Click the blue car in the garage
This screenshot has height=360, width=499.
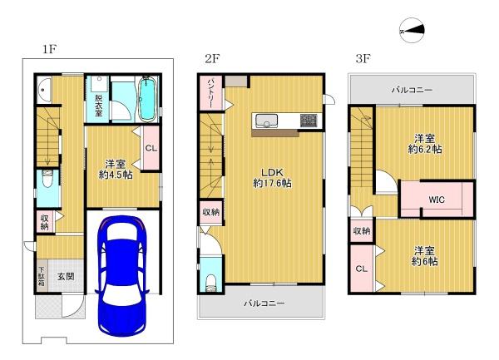tap(122, 275)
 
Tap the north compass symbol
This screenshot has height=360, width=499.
tap(413, 31)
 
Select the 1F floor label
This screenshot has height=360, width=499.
tap(50, 49)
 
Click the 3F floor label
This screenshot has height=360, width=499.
tap(363, 58)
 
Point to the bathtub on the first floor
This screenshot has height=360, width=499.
tap(146, 98)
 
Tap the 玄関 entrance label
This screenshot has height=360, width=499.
tap(66, 276)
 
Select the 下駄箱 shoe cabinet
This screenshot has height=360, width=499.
tap(42, 276)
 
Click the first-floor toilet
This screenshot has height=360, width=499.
tap(48, 180)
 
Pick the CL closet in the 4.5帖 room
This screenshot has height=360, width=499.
tap(151, 148)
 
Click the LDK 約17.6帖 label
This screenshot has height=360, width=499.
tap(273, 178)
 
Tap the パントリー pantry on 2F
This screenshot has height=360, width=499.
tap(210, 93)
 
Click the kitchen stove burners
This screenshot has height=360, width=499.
tap(309, 121)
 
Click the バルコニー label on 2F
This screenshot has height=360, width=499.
tap(264, 303)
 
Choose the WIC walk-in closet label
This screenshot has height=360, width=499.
tap(437, 200)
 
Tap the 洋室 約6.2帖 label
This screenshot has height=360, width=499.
tap(425, 144)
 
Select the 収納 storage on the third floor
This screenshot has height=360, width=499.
tap(362, 231)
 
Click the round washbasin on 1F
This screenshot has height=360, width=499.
tap(43, 89)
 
